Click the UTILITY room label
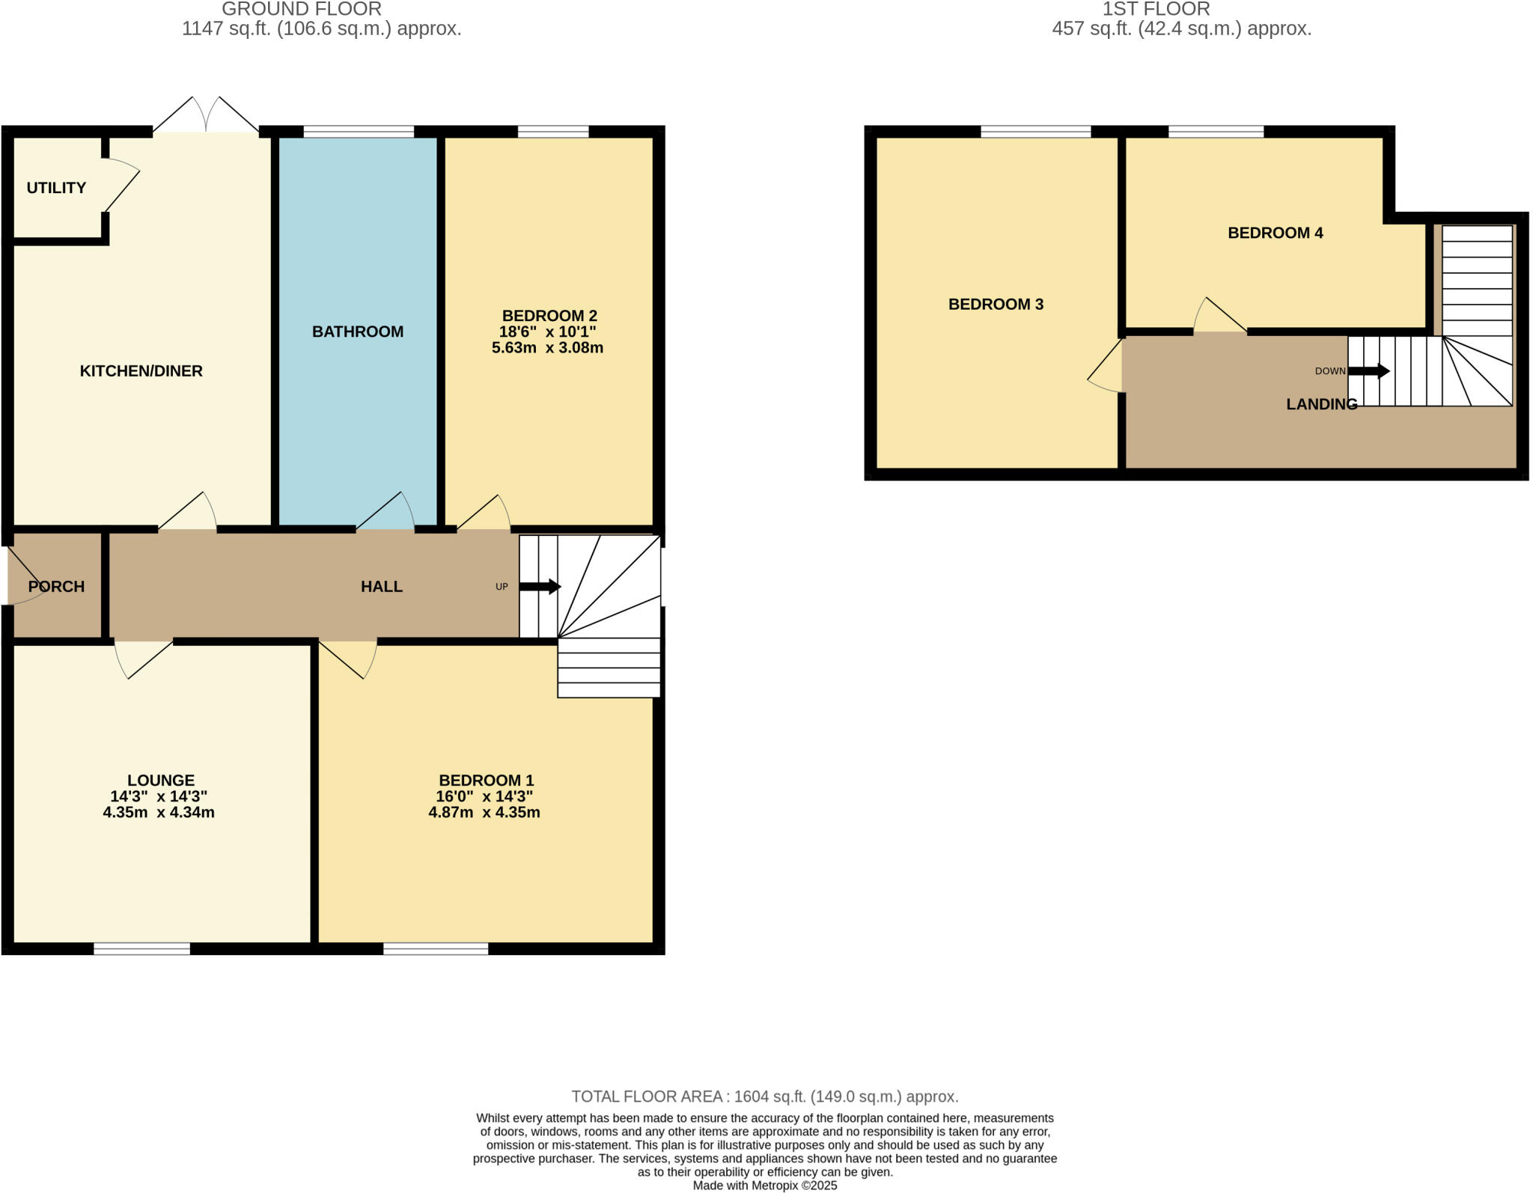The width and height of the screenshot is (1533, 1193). tap(56, 188)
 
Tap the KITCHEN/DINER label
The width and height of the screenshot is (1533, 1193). tap(141, 371)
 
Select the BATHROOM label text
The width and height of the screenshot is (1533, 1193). tap(358, 332)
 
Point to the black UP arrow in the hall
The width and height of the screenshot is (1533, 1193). tap(540, 587)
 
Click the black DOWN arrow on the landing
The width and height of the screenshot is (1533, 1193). tap(1369, 371)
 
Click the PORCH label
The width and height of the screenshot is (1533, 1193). tap(56, 587)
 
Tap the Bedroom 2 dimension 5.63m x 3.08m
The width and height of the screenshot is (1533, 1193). tap(547, 348)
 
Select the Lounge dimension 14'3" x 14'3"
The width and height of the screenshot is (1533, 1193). tap(159, 796)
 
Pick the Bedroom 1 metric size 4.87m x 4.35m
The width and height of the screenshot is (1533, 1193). tap(484, 813)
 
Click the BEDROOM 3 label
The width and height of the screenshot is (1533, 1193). tap(996, 305)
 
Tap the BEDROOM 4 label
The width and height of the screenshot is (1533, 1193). tap(1276, 233)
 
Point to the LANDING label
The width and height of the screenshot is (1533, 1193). tap(1321, 404)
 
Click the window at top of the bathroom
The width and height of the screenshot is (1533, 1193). tap(359, 132)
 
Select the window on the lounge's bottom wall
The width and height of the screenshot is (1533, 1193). tap(141, 949)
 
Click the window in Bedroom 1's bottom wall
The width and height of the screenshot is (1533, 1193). tap(436, 949)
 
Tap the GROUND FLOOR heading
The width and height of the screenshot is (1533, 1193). tap(301, 9)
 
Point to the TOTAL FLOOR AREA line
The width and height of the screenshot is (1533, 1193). tap(765, 1096)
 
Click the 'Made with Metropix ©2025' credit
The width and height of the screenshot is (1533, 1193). tap(765, 1186)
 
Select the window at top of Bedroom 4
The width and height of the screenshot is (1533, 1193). tap(1216, 132)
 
